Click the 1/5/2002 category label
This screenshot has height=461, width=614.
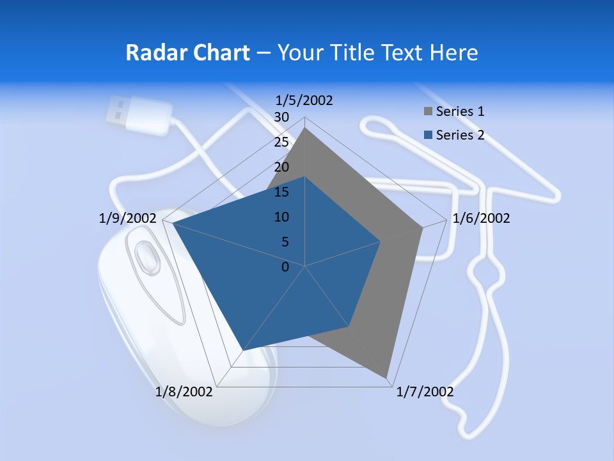pos(304,100)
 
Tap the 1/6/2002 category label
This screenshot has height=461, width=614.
pos(481,218)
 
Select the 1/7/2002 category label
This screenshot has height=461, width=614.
pos(425,392)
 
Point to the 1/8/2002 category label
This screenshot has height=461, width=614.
pos(184,392)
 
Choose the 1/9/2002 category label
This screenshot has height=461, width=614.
pos(127,218)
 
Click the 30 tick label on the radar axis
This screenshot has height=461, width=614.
pos(281,117)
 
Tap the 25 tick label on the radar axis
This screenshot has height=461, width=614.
pos(281,142)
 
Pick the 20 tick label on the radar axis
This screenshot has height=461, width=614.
pos(281,167)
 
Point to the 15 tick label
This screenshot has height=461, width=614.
pos(281,192)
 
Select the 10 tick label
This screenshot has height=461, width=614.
pos(281,217)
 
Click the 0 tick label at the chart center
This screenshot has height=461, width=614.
pos(285,267)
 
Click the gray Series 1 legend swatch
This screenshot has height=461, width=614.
pos(428,112)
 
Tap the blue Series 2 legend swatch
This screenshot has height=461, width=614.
pos(428,135)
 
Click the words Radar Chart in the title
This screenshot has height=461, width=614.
pos(187,53)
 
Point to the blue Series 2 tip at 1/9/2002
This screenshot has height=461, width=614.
pos(171,223)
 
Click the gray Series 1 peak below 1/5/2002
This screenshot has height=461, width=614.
pos(305,128)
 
